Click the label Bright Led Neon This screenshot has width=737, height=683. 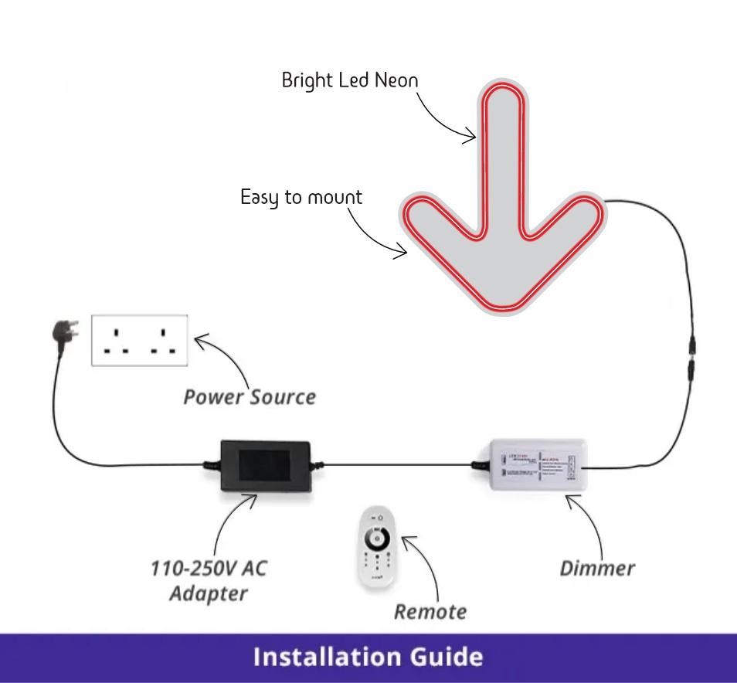pos(350,80)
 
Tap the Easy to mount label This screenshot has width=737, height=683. pos(301,197)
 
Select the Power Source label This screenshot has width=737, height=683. pos(249,397)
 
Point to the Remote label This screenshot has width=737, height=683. pos(430,612)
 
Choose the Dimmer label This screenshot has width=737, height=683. pos(597,568)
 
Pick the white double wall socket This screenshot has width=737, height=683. pos(140,340)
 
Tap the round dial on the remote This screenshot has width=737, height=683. pos(377,535)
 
